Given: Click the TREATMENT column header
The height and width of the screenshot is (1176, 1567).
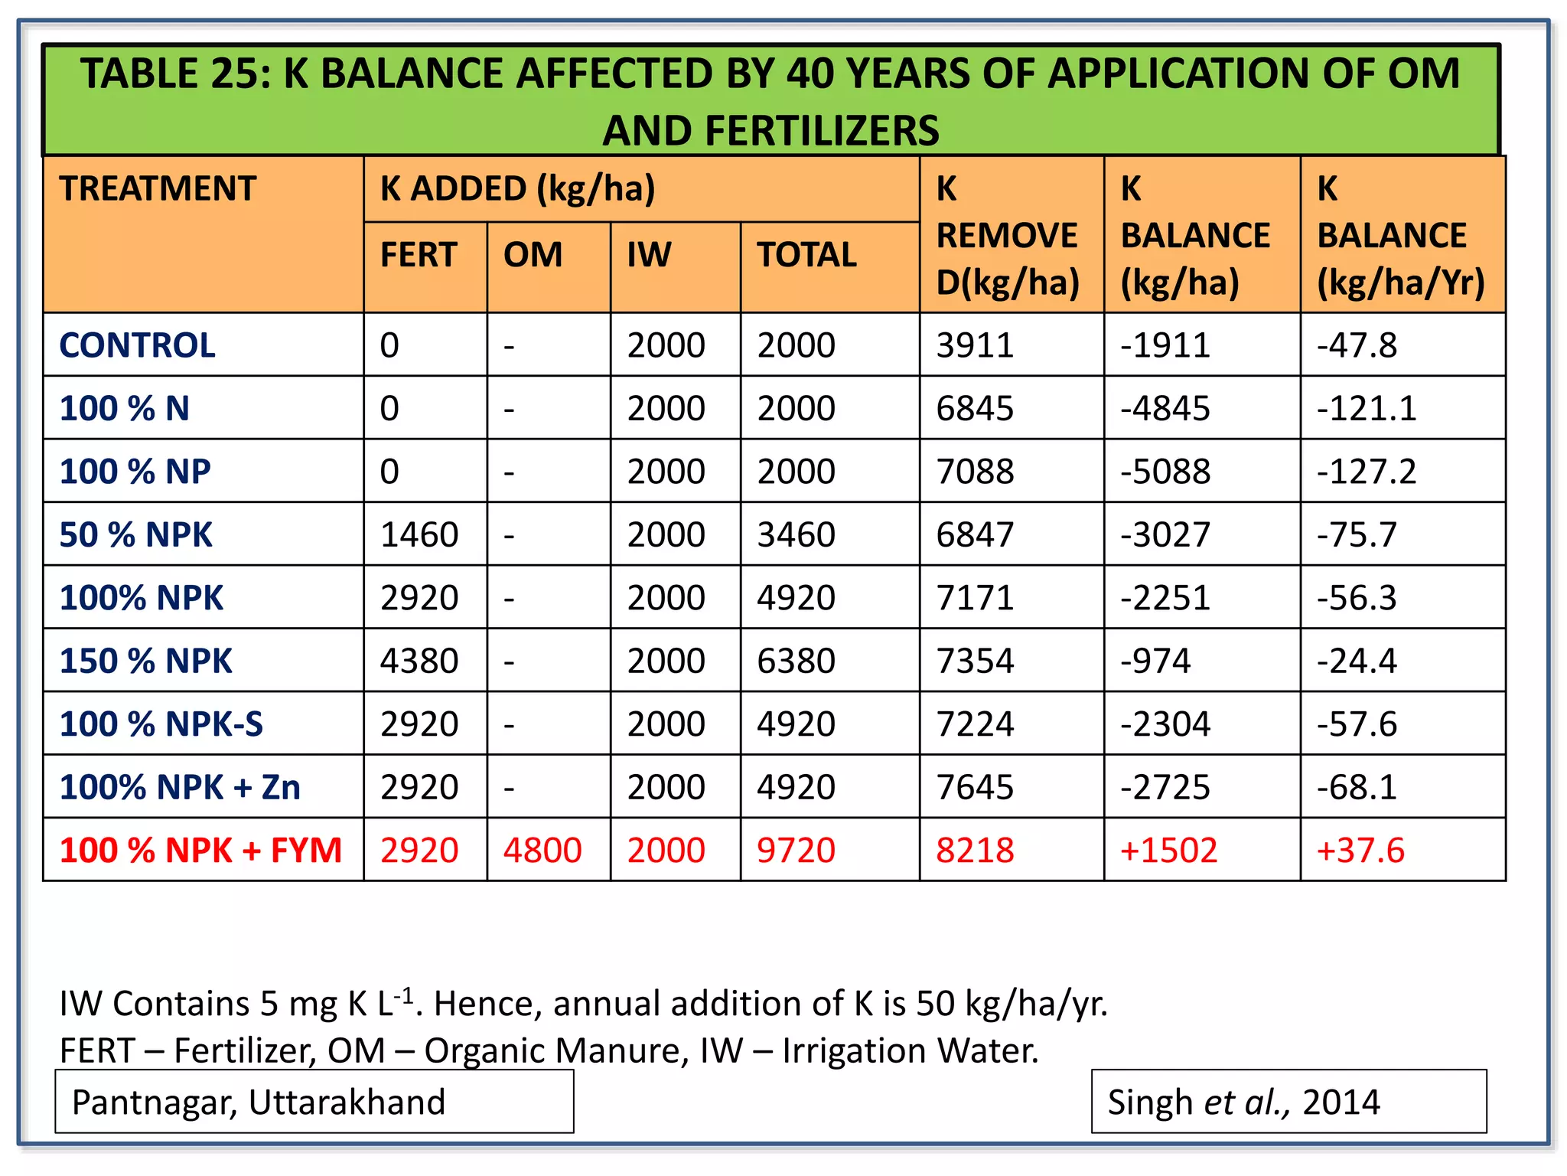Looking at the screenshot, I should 158,189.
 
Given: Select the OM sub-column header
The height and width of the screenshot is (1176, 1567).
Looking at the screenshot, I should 533,255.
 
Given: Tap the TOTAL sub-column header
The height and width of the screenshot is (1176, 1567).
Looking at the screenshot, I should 806,255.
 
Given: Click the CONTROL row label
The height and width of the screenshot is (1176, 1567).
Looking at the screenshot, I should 138,345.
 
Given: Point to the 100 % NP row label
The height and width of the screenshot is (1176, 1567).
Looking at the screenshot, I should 135,472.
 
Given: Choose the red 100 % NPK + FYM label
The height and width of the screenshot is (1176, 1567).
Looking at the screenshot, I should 200,851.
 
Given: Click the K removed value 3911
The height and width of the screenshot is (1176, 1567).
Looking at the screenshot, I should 975,345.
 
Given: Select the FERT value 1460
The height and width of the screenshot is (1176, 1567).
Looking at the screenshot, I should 419,534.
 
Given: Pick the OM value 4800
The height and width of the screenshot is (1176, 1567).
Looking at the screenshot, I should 542,851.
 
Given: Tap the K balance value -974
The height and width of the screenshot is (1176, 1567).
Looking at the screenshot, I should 1155,661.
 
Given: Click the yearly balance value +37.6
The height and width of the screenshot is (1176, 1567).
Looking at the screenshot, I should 1360,851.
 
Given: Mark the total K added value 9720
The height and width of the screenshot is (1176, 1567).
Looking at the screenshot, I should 796,851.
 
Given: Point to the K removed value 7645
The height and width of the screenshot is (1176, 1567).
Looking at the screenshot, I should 975,787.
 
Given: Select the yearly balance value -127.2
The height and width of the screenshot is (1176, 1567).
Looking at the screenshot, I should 1367,472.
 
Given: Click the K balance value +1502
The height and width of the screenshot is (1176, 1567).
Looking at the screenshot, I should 1168,851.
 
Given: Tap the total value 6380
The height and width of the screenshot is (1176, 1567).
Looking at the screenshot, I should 796,661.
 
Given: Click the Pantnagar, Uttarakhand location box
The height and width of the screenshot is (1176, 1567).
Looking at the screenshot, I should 314,1102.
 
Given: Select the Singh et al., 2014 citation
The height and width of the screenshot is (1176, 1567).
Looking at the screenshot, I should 1243,1102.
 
